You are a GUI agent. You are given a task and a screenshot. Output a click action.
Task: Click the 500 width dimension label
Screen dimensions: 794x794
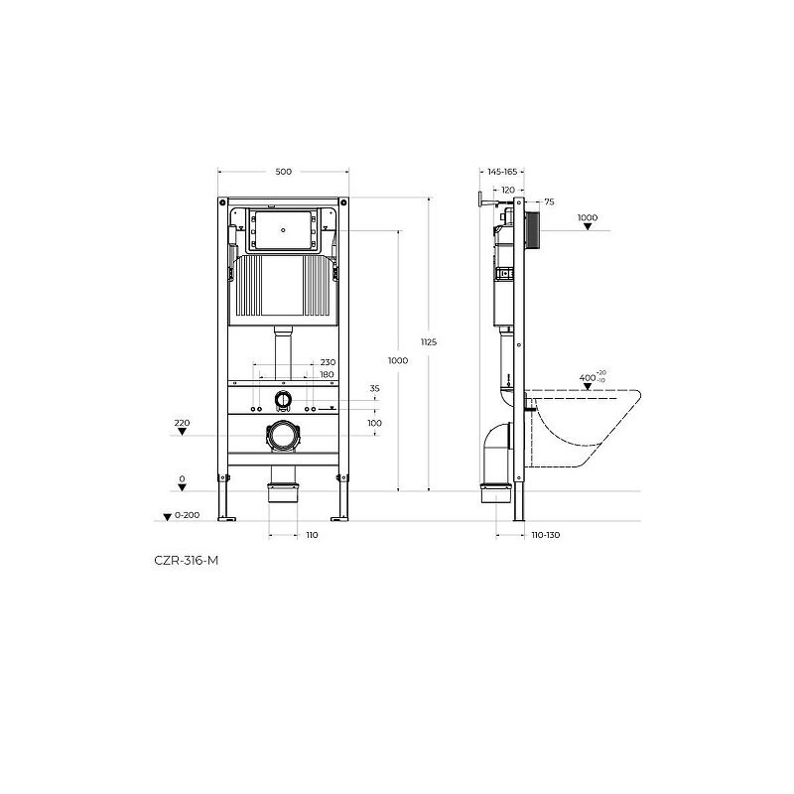[284, 172]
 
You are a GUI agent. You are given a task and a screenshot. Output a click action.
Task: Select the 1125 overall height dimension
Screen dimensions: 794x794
[429, 342]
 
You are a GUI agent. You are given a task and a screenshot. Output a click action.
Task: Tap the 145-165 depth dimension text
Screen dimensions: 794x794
[502, 172]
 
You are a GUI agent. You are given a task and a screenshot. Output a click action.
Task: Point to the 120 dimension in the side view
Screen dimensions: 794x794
[508, 190]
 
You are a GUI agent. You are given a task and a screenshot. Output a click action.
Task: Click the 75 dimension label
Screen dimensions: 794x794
[550, 201]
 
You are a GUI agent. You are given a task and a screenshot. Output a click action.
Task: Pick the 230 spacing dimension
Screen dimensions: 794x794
[328, 362]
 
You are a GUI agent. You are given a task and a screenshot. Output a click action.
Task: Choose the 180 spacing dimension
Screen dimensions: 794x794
[328, 375]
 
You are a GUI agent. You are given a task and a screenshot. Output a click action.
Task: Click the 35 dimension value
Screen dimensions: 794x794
[375, 388]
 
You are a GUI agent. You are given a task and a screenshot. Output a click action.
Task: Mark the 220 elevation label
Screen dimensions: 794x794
[182, 423]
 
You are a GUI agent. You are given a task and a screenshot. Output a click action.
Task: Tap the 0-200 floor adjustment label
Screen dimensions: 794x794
[188, 515]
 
